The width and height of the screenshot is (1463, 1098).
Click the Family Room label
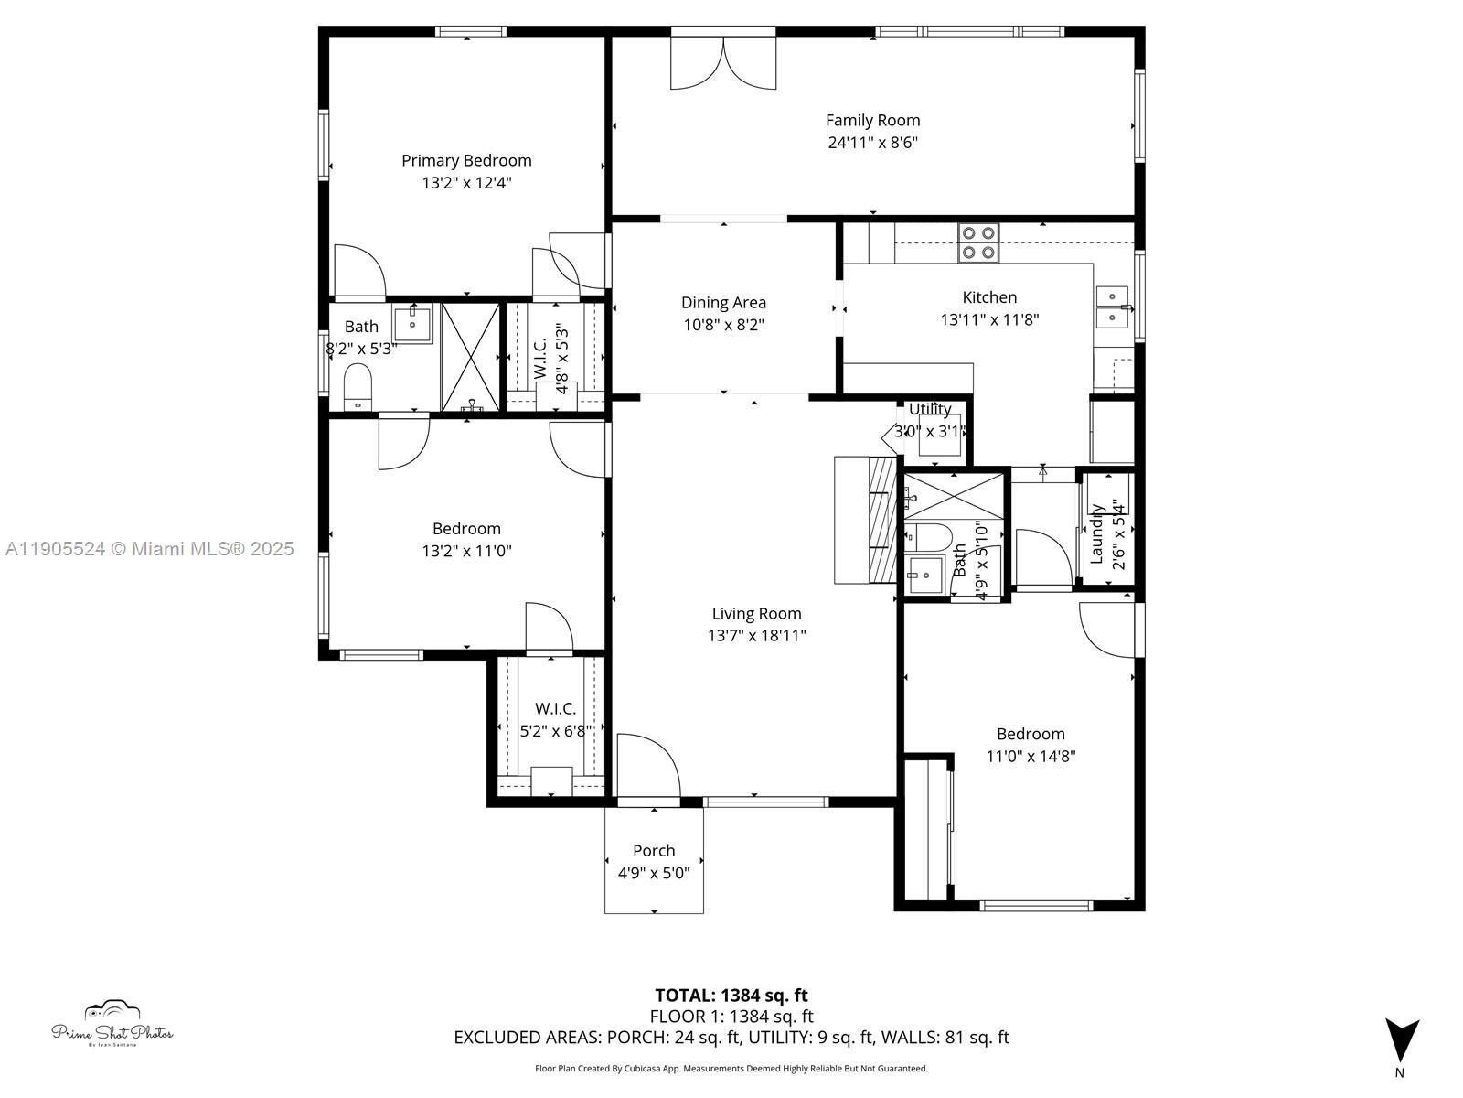click(x=872, y=120)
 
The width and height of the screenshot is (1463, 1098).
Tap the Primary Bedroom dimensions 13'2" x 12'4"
click(x=466, y=182)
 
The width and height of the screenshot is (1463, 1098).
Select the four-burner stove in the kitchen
click(x=978, y=242)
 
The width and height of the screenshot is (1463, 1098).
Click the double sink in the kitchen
click(x=1112, y=307)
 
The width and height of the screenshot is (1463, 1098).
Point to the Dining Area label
click(x=723, y=302)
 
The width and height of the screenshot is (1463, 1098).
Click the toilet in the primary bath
click(x=358, y=388)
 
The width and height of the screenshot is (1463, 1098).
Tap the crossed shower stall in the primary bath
click(x=471, y=358)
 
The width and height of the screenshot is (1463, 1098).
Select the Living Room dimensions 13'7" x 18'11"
click(x=756, y=636)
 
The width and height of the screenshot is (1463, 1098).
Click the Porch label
click(x=654, y=851)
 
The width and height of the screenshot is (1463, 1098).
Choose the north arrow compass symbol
click(x=1401, y=1040)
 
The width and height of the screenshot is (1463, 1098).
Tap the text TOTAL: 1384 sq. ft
click(x=731, y=995)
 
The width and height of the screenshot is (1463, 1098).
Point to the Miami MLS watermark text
click(x=149, y=549)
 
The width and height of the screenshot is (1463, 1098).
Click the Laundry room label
click(x=1097, y=533)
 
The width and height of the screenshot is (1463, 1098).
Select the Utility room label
click(x=930, y=409)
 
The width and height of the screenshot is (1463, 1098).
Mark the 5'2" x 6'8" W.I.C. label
click(x=555, y=708)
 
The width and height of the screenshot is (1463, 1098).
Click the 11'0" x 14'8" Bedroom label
click(x=1031, y=734)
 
